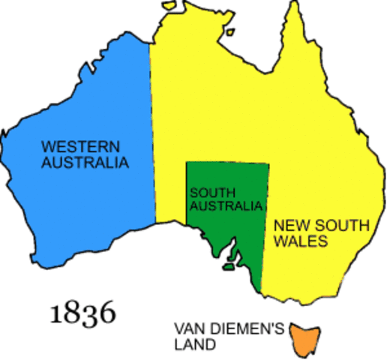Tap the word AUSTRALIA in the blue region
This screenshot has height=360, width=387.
(85, 162)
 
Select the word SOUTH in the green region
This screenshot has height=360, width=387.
(208, 193)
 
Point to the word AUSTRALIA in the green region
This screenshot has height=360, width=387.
(226, 205)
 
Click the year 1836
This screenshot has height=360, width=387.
(82, 312)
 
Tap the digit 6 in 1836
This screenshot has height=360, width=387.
(107, 312)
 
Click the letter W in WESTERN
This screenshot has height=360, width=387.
(47, 146)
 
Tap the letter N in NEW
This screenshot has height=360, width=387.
(278, 225)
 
